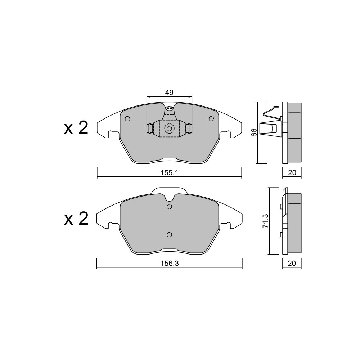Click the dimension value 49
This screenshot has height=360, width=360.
[169, 93]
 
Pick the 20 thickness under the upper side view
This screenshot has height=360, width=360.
[292, 173]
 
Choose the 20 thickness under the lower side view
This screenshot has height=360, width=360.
[292, 264]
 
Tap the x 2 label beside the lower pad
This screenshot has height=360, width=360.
[76, 219]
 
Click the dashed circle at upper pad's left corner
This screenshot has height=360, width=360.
[127, 119]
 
